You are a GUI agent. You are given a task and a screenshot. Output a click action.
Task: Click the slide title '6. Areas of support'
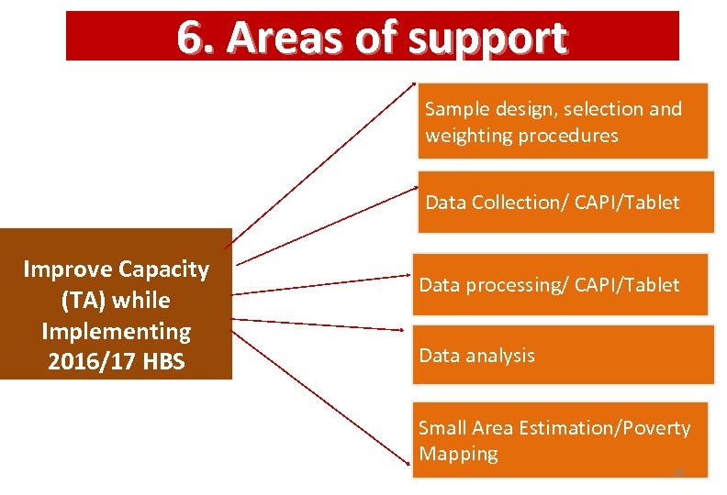pyautogui.click(x=372, y=38)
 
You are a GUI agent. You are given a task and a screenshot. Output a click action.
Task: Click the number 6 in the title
pyautogui.click(x=189, y=38)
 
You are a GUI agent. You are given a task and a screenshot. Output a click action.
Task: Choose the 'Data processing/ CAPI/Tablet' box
pyautogui.click(x=560, y=285)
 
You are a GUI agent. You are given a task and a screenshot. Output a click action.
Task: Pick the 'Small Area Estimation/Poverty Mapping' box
pyautogui.click(x=560, y=440)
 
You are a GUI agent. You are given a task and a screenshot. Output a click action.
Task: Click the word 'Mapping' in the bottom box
pyautogui.click(x=458, y=454)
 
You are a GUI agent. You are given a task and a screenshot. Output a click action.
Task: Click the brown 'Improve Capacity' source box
pyautogui.click(x=116, y=304)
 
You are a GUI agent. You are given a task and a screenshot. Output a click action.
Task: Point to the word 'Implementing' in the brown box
pyautogui.click(x=116, y=331)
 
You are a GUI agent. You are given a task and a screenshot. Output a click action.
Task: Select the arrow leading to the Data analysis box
pyautogui.click(x=317, y=323)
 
